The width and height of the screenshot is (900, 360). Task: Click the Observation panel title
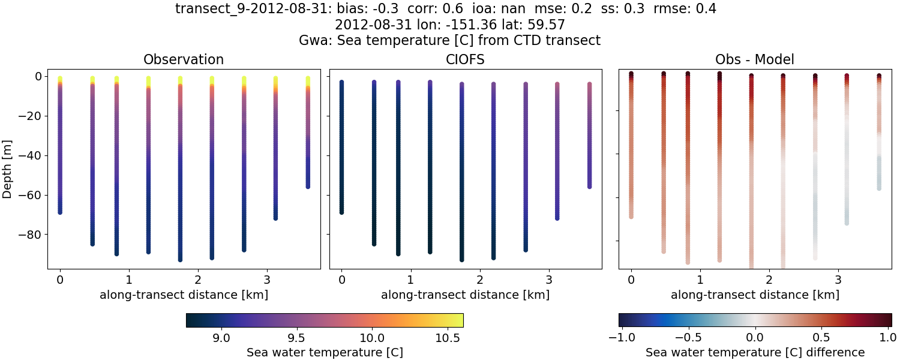pos(183,60)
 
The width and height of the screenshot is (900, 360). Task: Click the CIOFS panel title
pos(464,60)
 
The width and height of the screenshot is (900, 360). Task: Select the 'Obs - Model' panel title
pos(754,60)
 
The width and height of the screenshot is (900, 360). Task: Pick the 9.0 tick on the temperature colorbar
pos(222,337)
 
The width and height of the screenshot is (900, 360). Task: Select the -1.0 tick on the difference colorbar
pos(619,337)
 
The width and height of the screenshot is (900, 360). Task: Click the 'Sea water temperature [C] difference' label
pos(755,352)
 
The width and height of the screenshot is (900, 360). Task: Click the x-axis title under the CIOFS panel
pos(464,295)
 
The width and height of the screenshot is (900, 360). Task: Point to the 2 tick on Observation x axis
pos(198,280)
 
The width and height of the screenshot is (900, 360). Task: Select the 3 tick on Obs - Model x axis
pos(838,280)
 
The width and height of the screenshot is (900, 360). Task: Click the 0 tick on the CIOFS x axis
pos(341,280)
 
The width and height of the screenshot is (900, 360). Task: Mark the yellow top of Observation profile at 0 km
pos(60,79)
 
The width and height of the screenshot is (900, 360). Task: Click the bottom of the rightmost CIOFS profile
pos(589,186)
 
